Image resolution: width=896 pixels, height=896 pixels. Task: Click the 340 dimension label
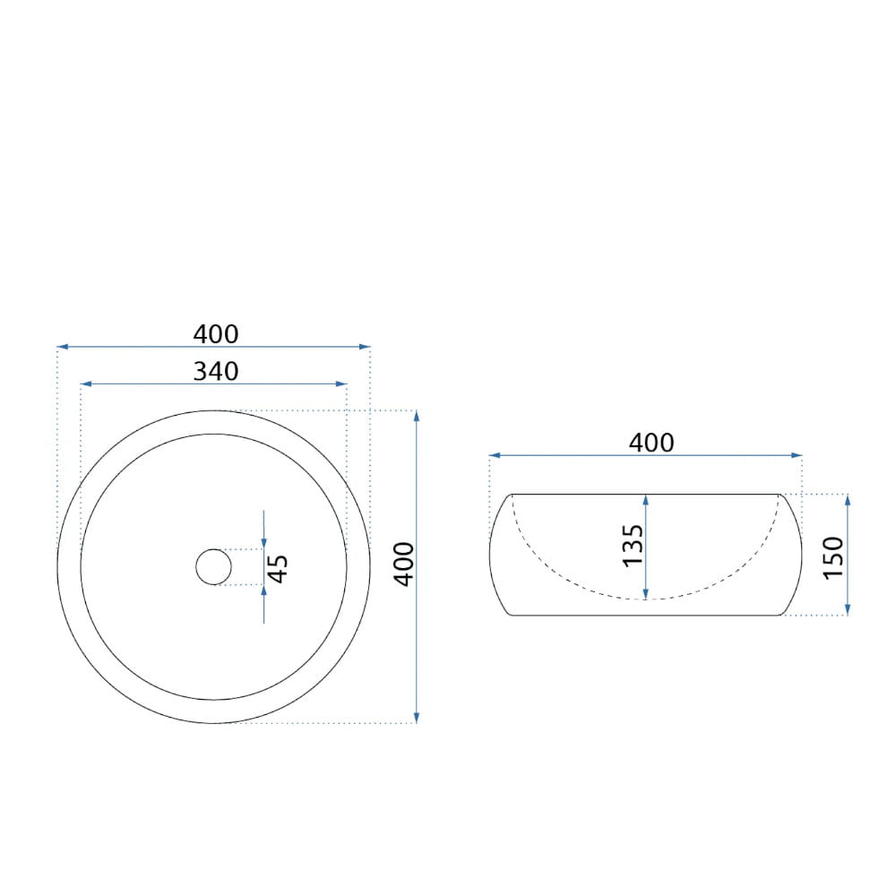coord(216,372)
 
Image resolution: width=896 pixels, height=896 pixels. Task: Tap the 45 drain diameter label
coord(279,569)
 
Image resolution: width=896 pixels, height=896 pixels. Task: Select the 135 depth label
coord(633,546)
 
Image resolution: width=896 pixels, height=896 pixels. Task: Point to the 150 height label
coord(833,557)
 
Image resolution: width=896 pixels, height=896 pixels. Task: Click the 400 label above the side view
coord(651,443)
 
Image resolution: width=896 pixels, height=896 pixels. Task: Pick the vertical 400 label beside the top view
coord(404,564)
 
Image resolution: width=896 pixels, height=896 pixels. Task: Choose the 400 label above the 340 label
coord(216,334)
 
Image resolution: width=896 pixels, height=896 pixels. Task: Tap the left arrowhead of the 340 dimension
coord(86,384)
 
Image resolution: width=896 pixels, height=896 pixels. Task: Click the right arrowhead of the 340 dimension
coord(341,384)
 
